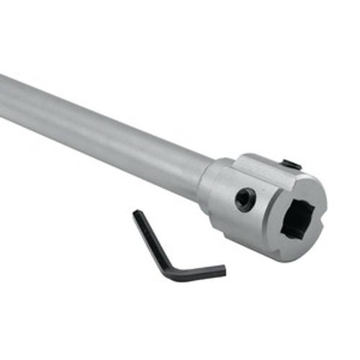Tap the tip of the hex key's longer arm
tap(136, 214)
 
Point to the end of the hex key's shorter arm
tap(222, 271)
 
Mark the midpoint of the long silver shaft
tap(101, 133)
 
